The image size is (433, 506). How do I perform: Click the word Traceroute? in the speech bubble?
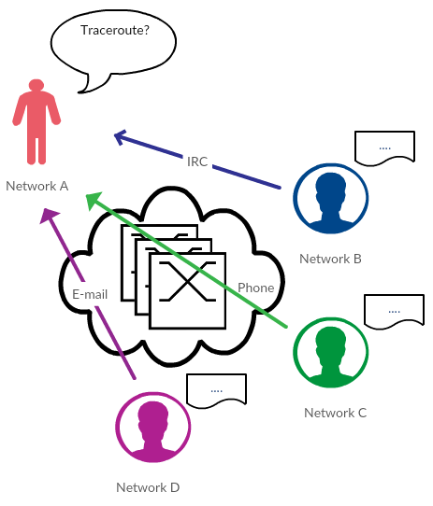click(x=115, y=30)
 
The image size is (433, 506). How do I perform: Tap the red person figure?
click(x=36, y=121)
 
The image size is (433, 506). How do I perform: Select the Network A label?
click(x=37, y=186)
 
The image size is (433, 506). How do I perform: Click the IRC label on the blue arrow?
click(x=197, y=162)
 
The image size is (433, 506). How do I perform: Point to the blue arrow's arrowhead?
click(x=120, y=137)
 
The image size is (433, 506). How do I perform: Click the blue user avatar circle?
click(x=331, y=199)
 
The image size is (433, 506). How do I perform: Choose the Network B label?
click(x=330, y=259)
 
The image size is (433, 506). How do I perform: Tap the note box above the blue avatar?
click(x=384, y=148)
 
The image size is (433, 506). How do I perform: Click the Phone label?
click(x=256, y=288)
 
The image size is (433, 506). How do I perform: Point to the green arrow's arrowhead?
click(x=94, y=200)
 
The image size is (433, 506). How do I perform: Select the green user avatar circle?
click(x=331, y=352)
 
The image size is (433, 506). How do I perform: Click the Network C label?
click(x=336, y=413)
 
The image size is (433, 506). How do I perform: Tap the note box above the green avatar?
click(x=395, y=312)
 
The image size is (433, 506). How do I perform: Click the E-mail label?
click(x=90, y=294)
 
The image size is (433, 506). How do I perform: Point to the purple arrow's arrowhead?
click(x=49, y=216)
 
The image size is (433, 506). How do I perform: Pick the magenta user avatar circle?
click(x=153, y=428)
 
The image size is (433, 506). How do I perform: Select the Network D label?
click(x=148, y=487)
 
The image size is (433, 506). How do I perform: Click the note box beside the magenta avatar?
click(x=217, y=391)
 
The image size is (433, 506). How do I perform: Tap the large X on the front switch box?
click(x=188, y=282)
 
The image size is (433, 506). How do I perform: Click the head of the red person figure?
click(x=36, y=86)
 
